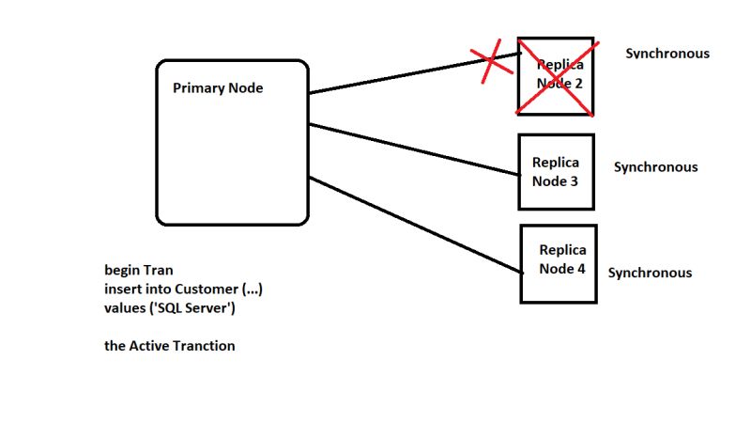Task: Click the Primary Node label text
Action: tap(218, 88)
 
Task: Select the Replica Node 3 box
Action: tap(556, 171)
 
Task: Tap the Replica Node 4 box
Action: tap(558, 263)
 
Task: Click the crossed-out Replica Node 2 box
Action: tap(557, 75)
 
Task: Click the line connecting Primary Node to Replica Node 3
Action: tap(413, 149)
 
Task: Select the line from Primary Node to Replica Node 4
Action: tap(413, 224)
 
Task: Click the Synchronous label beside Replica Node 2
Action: tap(667, 54)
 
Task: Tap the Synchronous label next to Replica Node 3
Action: tap(655, 167)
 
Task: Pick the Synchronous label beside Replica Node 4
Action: tap(650, 273)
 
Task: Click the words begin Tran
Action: tap(139, 270)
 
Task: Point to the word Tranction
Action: tap(204, 346)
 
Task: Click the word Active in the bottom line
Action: tap(148, 346)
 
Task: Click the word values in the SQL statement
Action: tap(123, 307)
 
